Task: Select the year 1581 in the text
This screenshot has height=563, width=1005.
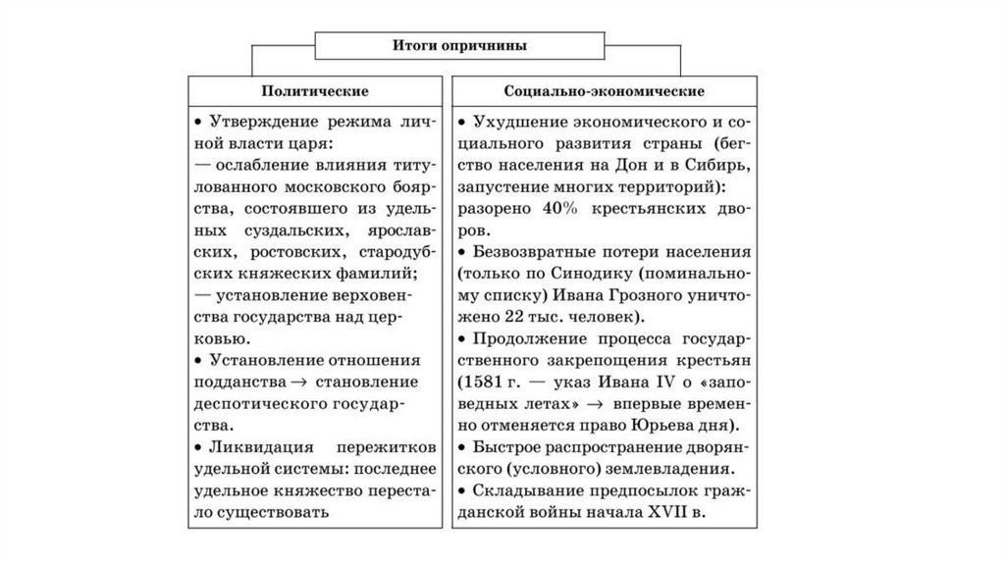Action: tap(486, 381)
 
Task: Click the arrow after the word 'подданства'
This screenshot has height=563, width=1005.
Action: tap(300, 381)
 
